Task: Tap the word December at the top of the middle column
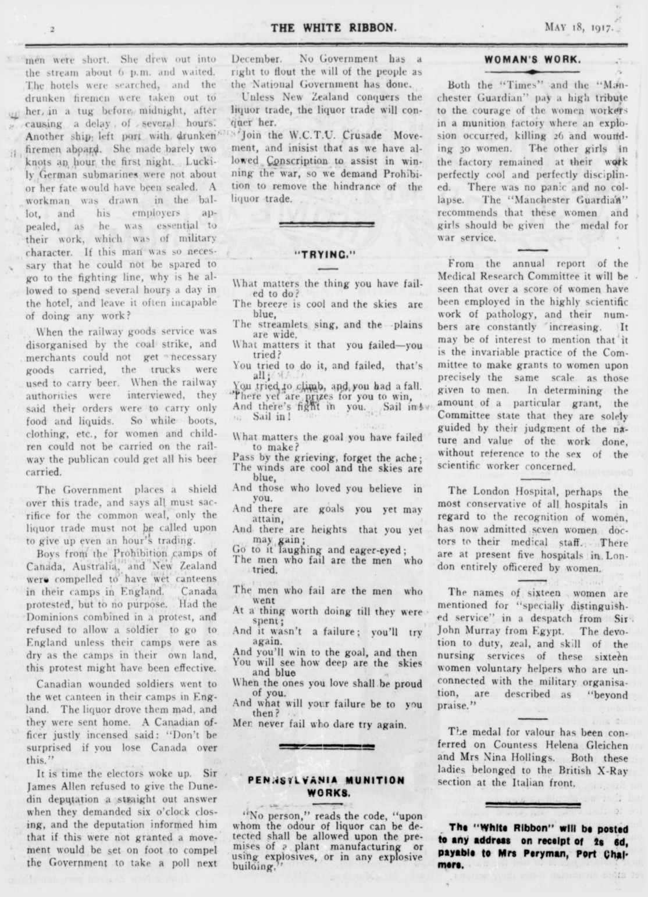point(257,59)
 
